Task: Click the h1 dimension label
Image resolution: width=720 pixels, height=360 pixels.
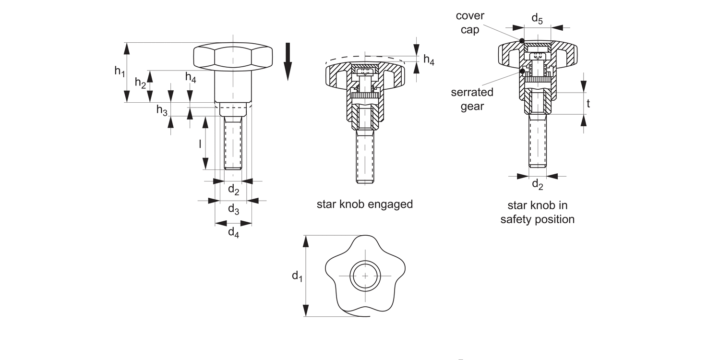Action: [120, 72]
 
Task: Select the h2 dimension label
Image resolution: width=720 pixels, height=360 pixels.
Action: [140, 83]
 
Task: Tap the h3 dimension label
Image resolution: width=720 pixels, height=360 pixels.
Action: [162, 110]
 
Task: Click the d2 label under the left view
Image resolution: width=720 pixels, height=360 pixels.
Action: [233, 190]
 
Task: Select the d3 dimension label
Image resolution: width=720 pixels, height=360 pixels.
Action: [233, 209]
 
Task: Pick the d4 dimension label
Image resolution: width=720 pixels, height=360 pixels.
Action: [233, 233]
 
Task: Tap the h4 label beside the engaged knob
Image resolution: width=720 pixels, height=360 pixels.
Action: [429, 60]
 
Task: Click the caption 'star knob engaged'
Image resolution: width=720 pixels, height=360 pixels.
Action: [365, 204]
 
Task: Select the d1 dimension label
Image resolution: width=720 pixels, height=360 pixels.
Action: [297, 276]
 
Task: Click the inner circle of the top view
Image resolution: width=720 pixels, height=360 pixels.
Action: [365, 276]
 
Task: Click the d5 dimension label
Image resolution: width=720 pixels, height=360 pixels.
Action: [537, 19]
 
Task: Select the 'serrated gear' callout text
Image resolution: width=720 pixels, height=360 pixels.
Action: [472, 99]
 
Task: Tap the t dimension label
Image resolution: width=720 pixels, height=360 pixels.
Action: [588, 103]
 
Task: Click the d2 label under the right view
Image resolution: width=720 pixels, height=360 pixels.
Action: [538, 184]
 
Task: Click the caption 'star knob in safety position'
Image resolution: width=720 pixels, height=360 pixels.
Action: [538, 212]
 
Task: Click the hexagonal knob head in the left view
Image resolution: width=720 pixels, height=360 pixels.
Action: [233, 57]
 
